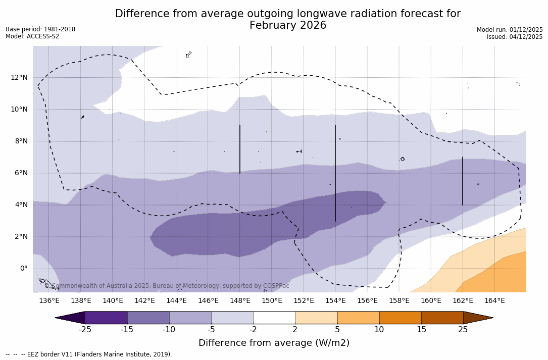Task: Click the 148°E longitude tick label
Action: pos(240,301)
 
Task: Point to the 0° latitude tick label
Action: pos(23,268)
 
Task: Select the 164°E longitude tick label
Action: pos(494,301)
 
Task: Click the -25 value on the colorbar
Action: pos(85,330)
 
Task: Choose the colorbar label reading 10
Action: pos(379,330)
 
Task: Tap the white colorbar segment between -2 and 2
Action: pos(274,318)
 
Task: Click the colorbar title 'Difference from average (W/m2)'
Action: pos(274,343)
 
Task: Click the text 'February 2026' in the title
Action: pos(288,25)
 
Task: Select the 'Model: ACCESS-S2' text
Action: pos(32,36)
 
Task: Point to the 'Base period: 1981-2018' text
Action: pos(40,29)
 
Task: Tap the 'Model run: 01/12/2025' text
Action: pos(510,30)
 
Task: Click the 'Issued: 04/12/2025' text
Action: pos(515,37)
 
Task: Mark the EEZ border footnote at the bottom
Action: pos(89,354)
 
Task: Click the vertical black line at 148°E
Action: pos(240,149)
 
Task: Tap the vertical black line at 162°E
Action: pos(463,181)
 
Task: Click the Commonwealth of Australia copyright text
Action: pos(167,286)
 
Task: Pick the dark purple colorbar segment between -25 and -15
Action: pos(106,318)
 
